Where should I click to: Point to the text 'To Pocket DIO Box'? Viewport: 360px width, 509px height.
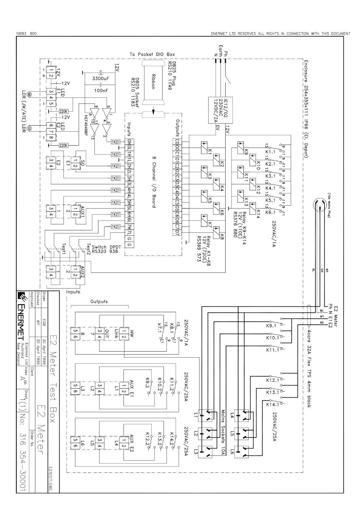click(x=152, y=54)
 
